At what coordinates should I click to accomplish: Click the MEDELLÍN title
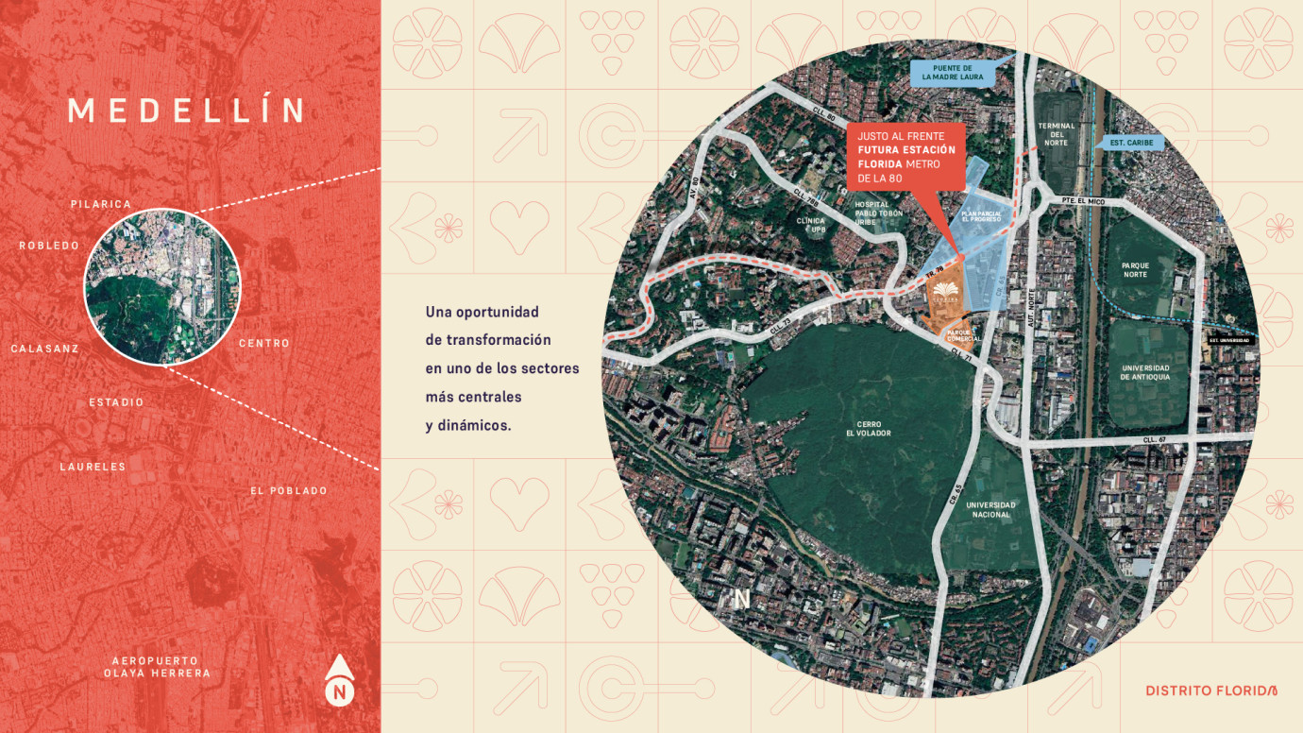tap(187, 111)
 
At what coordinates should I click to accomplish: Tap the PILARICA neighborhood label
tap(101, 204)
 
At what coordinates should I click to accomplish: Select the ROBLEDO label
tap(49, 246)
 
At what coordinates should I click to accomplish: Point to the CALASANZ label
tap(44, 349)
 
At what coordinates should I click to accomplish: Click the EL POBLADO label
tap(289, 490)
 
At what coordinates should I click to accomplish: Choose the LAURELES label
tap(93, 467)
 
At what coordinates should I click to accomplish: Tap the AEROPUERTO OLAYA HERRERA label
tap(157, 667)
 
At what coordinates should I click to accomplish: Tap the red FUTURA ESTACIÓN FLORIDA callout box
tap(905, 156)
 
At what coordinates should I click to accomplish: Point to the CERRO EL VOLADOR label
tap(868, 429)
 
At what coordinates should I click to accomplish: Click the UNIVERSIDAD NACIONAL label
tap(991, 510)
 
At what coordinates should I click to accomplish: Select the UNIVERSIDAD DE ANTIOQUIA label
tap(1145, 372)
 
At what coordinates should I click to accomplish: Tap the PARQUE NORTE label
tap(1134, 270)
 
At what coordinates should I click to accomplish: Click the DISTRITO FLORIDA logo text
tap(1211, 690)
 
